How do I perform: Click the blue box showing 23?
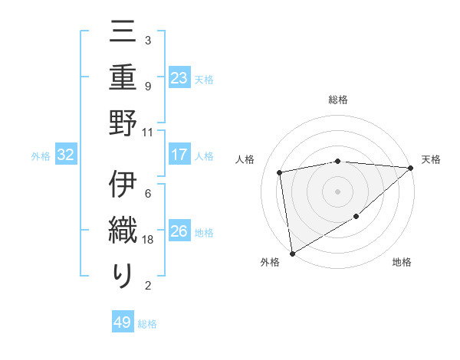[x=179, y=77]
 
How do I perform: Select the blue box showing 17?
[x=179, y=155]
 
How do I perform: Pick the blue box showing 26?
[x=179, y=231]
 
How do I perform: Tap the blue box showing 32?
[x=66, y=155]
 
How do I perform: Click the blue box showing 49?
[x=123, y=322]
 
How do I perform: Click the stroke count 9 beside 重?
[x=147, y=86]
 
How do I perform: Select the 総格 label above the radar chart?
[x=337, y=100]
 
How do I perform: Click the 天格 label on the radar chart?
[x=431, y=159]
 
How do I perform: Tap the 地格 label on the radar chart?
[x=402, y=262]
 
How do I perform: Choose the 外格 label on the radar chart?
[x=270, y=262]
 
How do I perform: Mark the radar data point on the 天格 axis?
[x=410, y=168]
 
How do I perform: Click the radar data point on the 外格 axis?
[x=292, y=253]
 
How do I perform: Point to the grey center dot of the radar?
[x=337, y=191]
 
